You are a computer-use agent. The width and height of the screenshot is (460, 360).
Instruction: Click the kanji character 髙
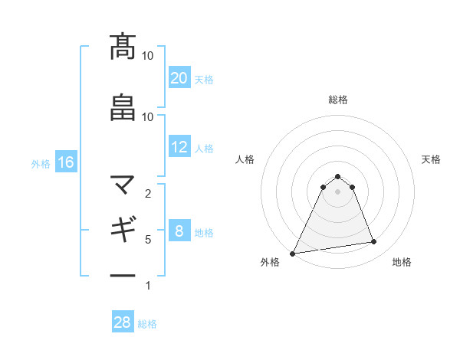123,47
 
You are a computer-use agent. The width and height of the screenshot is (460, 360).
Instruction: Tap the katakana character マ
123,185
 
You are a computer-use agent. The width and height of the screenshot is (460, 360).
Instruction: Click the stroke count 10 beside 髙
148,56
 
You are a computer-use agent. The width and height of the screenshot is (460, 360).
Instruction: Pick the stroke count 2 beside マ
148,193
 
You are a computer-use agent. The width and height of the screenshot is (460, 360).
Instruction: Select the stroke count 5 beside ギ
148,239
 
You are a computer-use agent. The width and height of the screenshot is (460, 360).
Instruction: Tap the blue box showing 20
179,78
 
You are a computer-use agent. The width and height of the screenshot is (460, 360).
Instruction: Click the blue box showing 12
179,147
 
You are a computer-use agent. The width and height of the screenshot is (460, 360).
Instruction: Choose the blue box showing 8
179,231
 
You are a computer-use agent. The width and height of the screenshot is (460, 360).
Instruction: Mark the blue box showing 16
65,162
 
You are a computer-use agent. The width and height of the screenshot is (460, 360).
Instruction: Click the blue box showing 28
123,322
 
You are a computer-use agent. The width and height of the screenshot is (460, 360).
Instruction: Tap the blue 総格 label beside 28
147,324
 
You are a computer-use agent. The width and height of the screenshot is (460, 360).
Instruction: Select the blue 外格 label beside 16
41,164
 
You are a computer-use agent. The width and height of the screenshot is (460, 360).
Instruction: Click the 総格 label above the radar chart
337,100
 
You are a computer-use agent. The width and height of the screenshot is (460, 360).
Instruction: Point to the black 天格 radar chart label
432,159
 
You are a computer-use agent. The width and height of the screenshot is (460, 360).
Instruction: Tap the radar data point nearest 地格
374,242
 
